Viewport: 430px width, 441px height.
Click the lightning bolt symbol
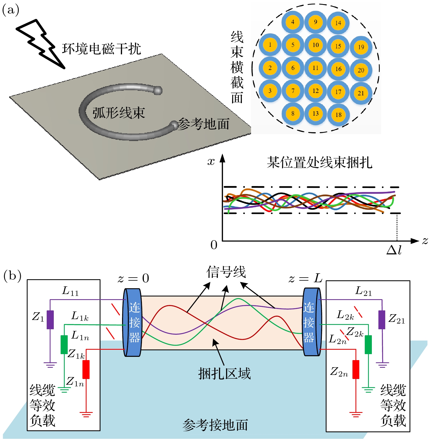[x=41, y=44]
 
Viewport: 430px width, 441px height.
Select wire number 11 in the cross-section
[x=316, y=68]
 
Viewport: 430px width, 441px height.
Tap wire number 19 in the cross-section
[x=361, y=47]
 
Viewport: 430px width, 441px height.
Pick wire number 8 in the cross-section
[x=293, y=113]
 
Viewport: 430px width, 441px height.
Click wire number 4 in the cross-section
[x=293, y=22]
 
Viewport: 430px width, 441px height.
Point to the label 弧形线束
[x=118, y=113]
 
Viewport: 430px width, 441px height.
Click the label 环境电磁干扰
[x=101, y=49]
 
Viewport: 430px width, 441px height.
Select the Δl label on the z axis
[x=394, y=250]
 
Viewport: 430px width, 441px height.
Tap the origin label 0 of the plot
[x=214, y=245]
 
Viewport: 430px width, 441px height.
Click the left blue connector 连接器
[x=133, y=322]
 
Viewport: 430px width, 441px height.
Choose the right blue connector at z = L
[x=311, y=322]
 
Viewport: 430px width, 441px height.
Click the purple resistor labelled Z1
[x=50, y=320]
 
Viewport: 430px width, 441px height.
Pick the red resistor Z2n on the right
[x=356, y=369]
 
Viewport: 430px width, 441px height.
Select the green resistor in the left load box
[x=64, y=345]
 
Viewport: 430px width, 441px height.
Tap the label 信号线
[x=226, y=272]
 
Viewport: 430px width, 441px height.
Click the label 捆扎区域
[x=224, y=374]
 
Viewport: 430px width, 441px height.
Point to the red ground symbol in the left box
[x=86, y=414]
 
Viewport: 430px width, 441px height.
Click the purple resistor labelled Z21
[x=382, y=320]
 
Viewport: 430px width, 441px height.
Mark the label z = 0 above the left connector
[x=133, y=279]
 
